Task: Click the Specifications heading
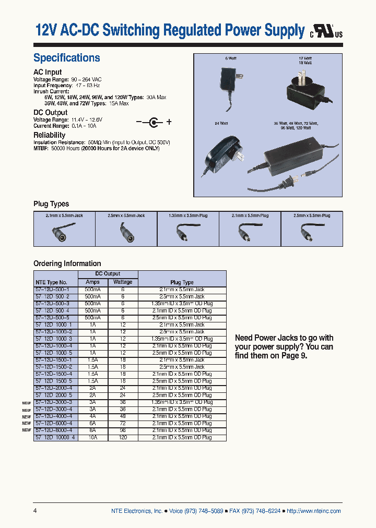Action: pyautogui.click(x=66, y=58)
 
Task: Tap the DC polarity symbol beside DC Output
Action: pyautogui.click(x=154, y=122)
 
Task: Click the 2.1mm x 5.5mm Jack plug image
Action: pyautogui.click(x=65, y=233)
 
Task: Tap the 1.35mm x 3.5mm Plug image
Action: pyautogui.click(x=188, y=233)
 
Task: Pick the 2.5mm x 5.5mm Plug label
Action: pyautogui.click(x=312, y=215)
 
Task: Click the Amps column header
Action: pyautogui.click(x=92, y=282)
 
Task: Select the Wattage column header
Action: pyautogui.click(x=123, y=282)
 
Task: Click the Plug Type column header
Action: pyautogui.click(x=182, y=282)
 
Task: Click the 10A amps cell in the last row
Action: pyautogui.click(x=92, y=437)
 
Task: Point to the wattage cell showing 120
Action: pyautogui.click(x=123, y=437)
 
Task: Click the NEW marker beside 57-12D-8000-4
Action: pyautogui.click(x=27, y=430)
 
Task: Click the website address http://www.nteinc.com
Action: pyautogui.click(x=314, y=511)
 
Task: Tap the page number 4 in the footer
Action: pyautogui.click(x=35, y=511)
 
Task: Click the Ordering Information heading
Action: pyautogui.click(x=67, y=263)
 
